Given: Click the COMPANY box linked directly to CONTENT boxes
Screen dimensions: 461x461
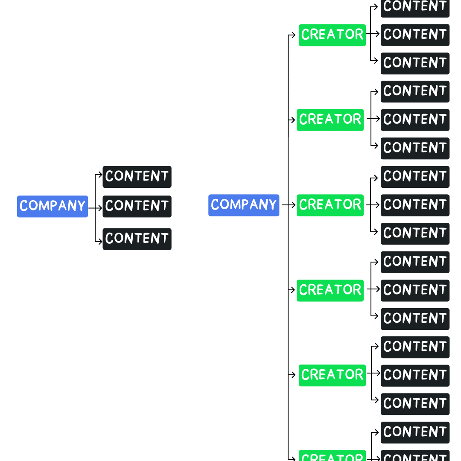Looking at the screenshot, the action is point(53,207).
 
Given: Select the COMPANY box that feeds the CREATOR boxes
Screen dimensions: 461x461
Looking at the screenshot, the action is point(244,205).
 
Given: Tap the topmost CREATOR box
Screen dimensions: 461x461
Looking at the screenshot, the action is point(332,35).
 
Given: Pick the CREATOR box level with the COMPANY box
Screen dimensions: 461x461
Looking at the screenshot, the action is point(330,205).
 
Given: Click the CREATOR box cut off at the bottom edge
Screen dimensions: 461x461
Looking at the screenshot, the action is point(332,455).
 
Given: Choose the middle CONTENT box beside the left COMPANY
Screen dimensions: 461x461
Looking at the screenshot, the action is point(137,207).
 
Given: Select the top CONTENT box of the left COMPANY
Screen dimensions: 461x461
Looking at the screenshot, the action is point(137,177).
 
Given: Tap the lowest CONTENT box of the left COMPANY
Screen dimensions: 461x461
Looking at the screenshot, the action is point(137,239).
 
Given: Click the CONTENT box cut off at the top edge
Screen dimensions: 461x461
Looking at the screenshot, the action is point(415,8).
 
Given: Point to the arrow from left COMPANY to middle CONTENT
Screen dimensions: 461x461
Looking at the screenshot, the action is point(95,208).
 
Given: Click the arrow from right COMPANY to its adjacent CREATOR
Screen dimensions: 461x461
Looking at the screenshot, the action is point(289,205).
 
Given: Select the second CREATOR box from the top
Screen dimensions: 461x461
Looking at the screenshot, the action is point(330,120).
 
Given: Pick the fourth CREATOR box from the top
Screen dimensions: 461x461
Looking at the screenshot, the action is point(330,291).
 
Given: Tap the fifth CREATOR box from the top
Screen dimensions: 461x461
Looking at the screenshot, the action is point(332,376).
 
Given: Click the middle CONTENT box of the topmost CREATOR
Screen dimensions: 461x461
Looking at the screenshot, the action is point(415,35).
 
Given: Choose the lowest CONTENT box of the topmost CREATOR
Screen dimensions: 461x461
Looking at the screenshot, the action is point(415,64).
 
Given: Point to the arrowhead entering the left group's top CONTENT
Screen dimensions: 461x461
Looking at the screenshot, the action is point(100,174).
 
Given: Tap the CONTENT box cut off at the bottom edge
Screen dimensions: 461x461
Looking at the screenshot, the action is point(415,455).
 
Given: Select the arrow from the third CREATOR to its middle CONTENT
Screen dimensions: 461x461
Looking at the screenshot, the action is point(373,205).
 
